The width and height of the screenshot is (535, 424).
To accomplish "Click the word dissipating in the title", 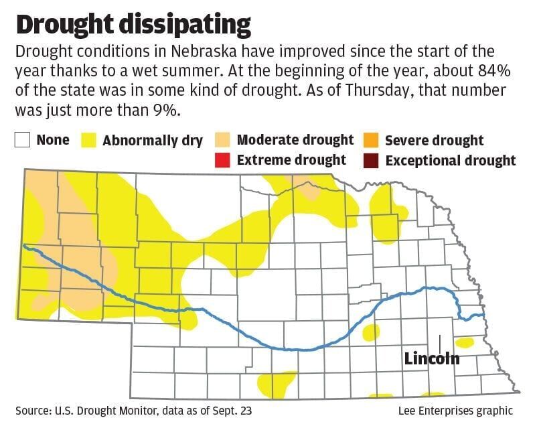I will coord(194,25).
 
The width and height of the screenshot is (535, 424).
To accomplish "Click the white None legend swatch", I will coord(23,141).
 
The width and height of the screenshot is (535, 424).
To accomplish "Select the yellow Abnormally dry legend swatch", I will coord(88,141).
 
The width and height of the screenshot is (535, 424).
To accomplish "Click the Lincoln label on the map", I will coord(432,358).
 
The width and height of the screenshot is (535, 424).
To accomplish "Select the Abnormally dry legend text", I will coord(152,141).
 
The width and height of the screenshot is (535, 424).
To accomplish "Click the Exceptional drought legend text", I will coord(451,160).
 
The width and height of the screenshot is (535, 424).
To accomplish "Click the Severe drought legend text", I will coord(434,141).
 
